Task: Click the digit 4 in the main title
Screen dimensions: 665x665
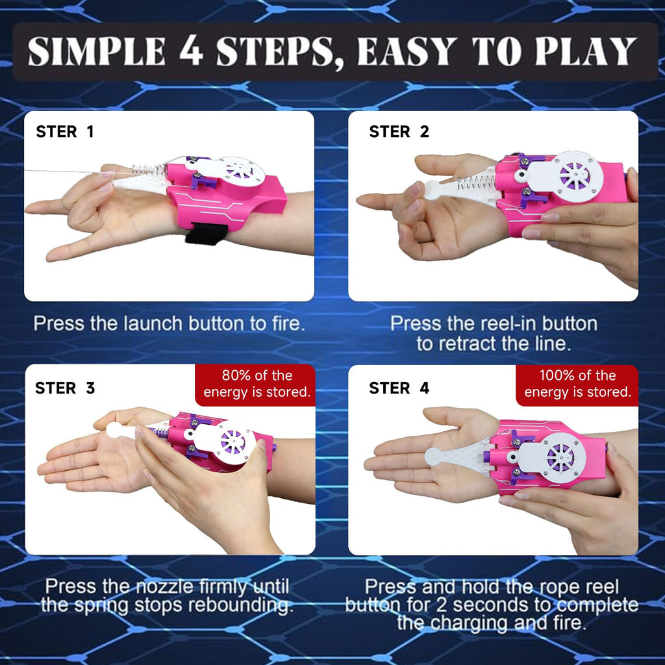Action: tap(192, 51)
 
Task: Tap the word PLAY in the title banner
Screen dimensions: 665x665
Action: tap(586, 51)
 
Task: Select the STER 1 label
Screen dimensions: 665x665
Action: tap(64, 132)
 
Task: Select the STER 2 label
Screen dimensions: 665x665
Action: tap(399, 132)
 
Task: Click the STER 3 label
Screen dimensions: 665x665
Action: tap(65, 388)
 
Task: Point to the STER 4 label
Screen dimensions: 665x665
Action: tap(399, 388)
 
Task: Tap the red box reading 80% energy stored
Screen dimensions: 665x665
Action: tap(256, 384)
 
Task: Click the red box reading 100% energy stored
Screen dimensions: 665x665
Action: tap(577, 384)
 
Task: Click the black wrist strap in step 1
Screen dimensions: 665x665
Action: tap(206, 234)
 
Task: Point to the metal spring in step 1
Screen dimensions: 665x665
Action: tap(149, 171)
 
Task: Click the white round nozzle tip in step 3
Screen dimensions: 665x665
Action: tap(116, 430)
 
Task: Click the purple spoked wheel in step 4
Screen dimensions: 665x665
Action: tap(560, 458)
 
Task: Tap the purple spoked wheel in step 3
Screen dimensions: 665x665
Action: tap(232, 442)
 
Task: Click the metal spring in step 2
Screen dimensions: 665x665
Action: tap(475, 182)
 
